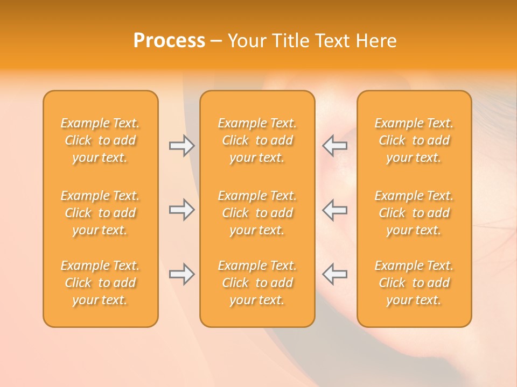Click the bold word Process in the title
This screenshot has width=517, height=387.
pos(169,41)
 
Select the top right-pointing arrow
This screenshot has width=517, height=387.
pos(181,146)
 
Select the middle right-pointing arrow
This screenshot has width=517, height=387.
pos(181,210)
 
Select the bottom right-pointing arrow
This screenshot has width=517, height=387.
pos(181,274)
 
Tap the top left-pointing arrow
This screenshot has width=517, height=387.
pos(335,146)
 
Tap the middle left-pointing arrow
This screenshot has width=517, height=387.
pos(335,210)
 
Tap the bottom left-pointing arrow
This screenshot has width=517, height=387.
pos(335,274)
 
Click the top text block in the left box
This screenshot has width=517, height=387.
pos(100,140)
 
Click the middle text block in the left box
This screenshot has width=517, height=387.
pos(100,213)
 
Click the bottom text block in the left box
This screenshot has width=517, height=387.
pos(100,283)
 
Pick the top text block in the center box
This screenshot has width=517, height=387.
pos(257,140)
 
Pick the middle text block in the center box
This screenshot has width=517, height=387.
pos(257,213)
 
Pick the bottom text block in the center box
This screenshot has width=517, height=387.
pos(257,283)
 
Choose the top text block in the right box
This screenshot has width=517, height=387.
pos(414,140)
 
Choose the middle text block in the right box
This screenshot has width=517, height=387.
pos(414,213)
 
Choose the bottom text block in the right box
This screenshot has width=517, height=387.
pos(414,283)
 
